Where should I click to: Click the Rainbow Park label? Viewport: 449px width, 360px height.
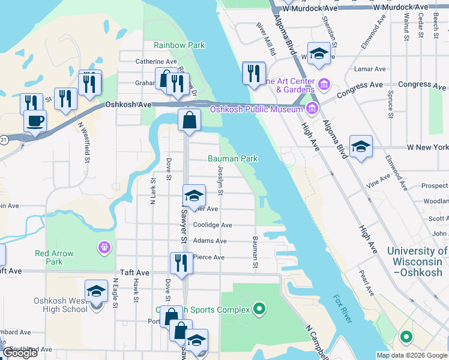(x=179, y=45)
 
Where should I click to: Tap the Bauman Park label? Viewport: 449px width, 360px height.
(x=232, y=158)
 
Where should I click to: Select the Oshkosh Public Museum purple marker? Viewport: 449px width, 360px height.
(x=312, y=109)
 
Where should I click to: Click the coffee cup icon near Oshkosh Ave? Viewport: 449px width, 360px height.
(x=35, y=121)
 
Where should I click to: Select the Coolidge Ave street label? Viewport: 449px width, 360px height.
(x=212, y=225)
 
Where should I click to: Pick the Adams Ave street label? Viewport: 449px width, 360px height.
(x=210, y=241)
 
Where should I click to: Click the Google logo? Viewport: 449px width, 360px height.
(x=20, y=353)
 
